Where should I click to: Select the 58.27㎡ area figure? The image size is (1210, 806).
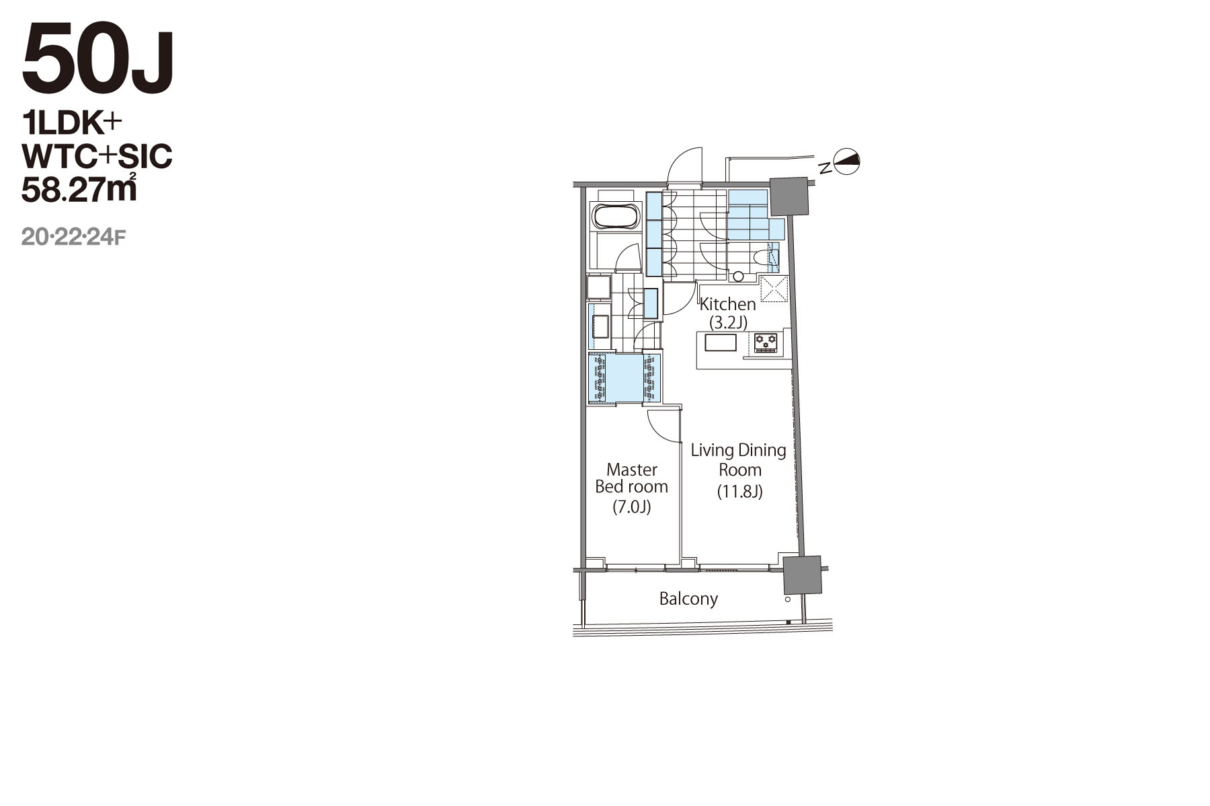tap(79, 189)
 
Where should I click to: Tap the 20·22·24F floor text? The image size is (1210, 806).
tap(73, 237)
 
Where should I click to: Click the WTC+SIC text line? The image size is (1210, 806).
tap(97, 156)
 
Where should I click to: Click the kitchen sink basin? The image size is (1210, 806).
tap(720, 342)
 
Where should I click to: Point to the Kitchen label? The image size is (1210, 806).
tap(728, 304)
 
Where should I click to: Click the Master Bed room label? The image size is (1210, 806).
tap(632, 478)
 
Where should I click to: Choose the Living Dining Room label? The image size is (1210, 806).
tap(739, 460)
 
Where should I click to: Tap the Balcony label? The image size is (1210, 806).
tap(688, 598)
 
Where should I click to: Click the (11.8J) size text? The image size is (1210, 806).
tap(739, 491)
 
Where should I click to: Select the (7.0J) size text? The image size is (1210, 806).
tap(632, 507)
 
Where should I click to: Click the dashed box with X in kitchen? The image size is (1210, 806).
tap(774, 289)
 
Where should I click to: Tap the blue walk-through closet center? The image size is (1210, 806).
tap(624, 378)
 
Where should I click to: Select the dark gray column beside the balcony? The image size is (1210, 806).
tap(803, 575)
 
